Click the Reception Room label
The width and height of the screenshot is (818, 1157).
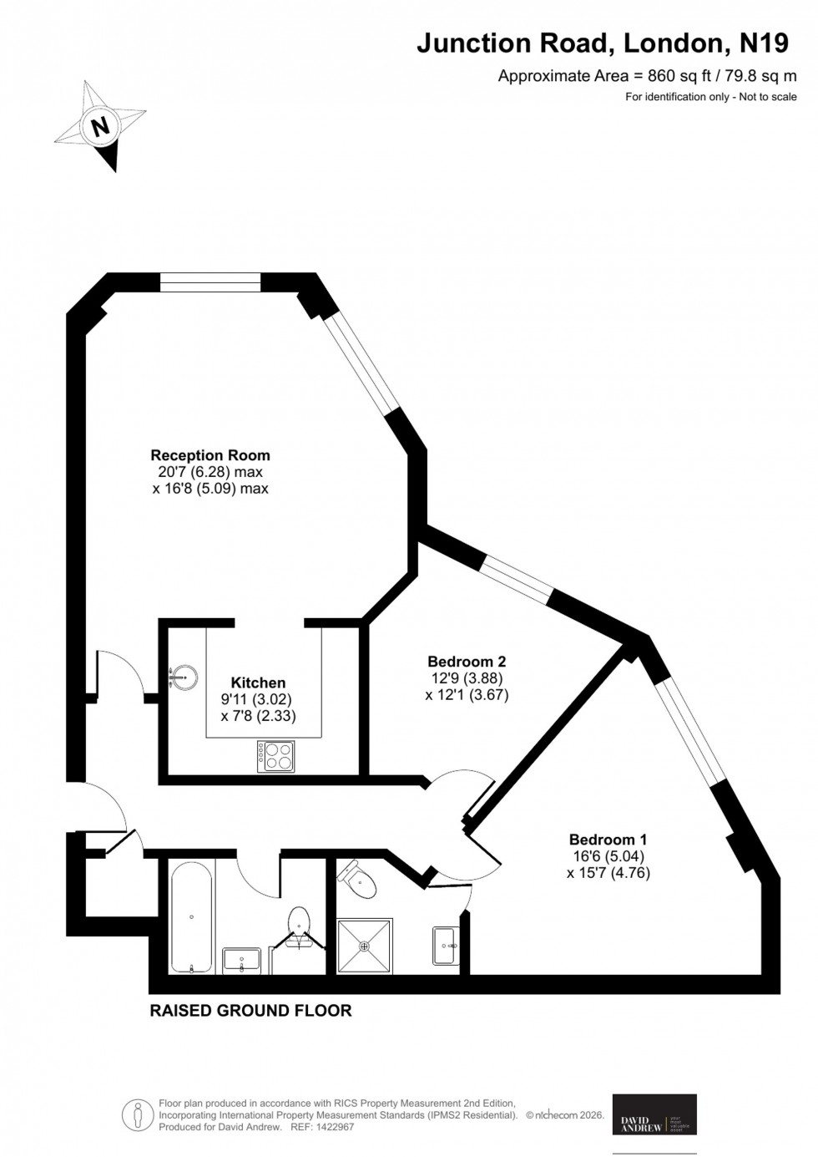[210, 455]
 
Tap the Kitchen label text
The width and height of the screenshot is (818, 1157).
[258, 683]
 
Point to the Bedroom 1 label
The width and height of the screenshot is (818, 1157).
[608, 840]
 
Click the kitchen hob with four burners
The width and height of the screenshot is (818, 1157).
[276, 756]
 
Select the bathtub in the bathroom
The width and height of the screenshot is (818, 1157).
[192, 918]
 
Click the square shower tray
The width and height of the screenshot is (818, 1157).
[364, 946]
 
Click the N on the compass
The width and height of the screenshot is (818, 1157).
[101, 127]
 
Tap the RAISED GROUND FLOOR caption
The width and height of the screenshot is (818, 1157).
[250, 1011]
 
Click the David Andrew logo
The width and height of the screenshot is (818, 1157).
[654, 1114]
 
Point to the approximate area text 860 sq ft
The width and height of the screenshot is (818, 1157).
[647, 76]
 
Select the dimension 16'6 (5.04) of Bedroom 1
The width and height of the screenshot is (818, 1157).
[608, 856]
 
